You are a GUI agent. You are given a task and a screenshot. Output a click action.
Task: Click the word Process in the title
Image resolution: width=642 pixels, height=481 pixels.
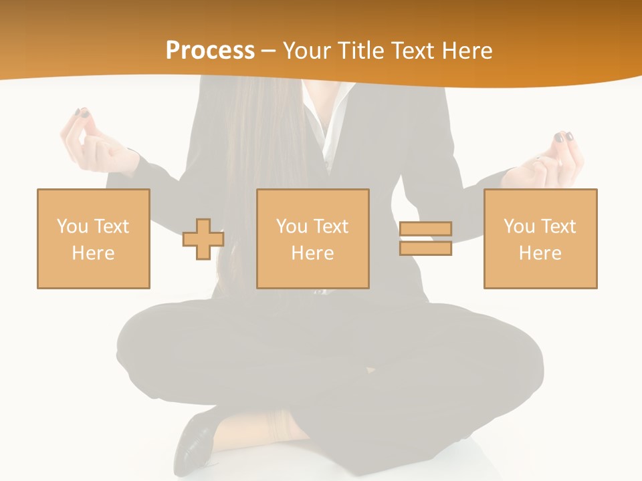pos(210,51)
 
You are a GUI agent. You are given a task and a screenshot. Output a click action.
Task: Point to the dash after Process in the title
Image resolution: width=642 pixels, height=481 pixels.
pos(268,51)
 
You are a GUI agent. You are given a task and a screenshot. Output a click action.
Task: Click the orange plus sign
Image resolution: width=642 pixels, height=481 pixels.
pos(203,238)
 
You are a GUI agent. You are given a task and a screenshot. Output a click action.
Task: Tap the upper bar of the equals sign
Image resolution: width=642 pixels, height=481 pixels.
pos(425,229)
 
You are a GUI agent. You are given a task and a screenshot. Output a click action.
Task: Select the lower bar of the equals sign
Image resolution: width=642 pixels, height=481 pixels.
pos(425,248)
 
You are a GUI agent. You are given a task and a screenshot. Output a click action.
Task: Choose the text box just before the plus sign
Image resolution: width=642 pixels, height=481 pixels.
pos(93,238)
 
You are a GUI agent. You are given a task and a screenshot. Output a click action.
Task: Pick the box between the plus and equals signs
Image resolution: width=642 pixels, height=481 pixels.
pos(312,238)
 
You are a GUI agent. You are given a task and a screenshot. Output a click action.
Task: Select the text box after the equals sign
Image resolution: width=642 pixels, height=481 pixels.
pos(540,238)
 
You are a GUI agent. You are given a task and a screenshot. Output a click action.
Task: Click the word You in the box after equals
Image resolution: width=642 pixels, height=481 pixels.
pos(519,226)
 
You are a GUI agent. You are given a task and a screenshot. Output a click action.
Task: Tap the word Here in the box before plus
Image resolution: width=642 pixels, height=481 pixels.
pos(93,253)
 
